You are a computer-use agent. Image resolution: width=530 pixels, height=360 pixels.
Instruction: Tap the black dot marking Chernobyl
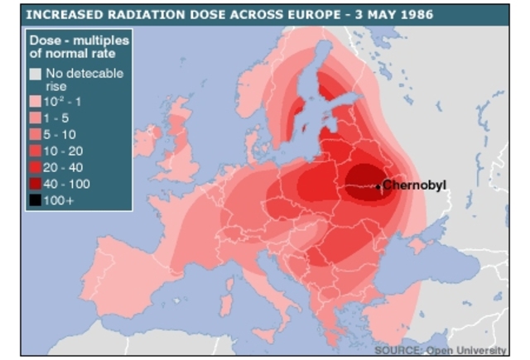coord(379,186)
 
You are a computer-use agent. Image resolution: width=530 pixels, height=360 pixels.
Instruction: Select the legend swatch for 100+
coord(36,200)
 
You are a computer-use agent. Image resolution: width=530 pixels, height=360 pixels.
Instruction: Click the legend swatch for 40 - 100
coord(36,184)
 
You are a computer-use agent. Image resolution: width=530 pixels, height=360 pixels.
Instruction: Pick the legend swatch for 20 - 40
coord(36,167)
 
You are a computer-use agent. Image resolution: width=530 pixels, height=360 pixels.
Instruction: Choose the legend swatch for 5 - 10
coord(36,134)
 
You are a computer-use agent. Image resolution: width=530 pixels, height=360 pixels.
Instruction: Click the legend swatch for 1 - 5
coord(36,118)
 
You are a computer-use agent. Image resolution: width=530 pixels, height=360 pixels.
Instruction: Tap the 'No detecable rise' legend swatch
coord(36,74)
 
